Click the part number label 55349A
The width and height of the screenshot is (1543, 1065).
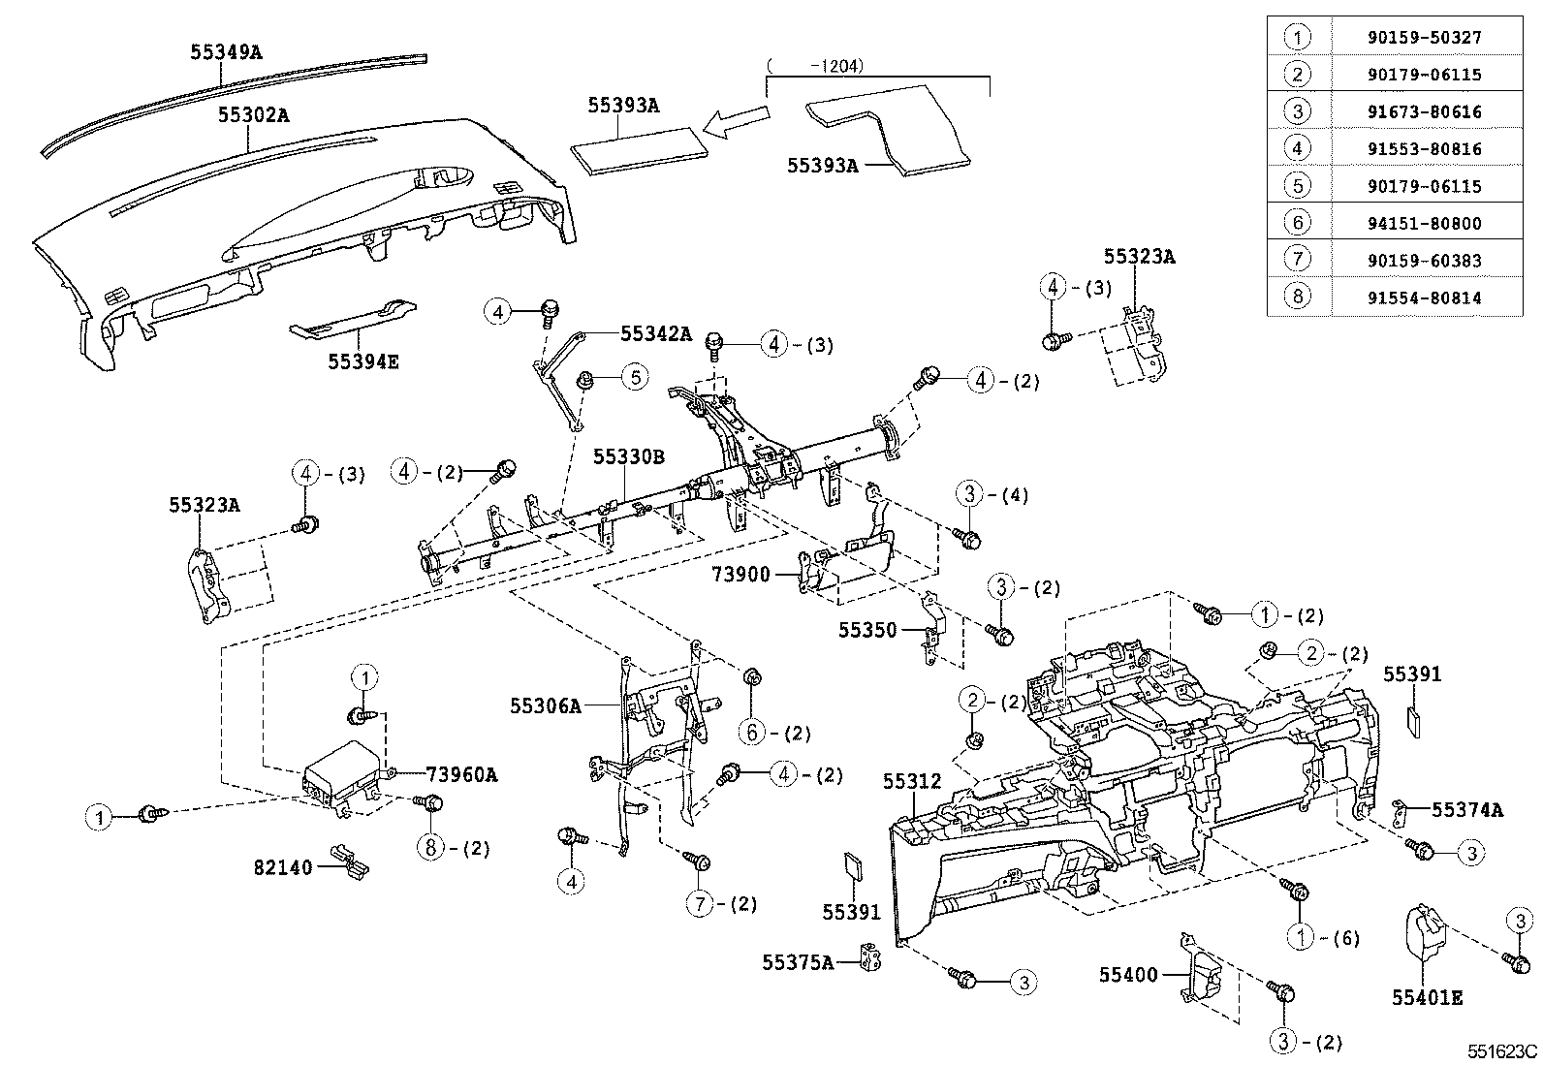click(x=225, y=52)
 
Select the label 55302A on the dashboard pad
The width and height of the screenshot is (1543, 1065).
click(x=253, y=115)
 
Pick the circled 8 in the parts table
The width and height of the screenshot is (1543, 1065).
click(x=1298, y=298)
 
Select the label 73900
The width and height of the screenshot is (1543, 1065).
click(x=740, y=575)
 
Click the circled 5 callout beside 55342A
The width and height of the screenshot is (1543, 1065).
click(x=634, y=376)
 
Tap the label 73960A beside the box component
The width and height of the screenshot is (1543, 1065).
click(x=461, y=774)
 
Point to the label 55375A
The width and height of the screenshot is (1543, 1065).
click(x=797, y=962)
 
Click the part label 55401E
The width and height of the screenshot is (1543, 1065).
click(x=1427, y=996)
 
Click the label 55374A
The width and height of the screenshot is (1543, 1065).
click(x=1466, y=810)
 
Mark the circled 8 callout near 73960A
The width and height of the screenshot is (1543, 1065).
click(x=430, y=848)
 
